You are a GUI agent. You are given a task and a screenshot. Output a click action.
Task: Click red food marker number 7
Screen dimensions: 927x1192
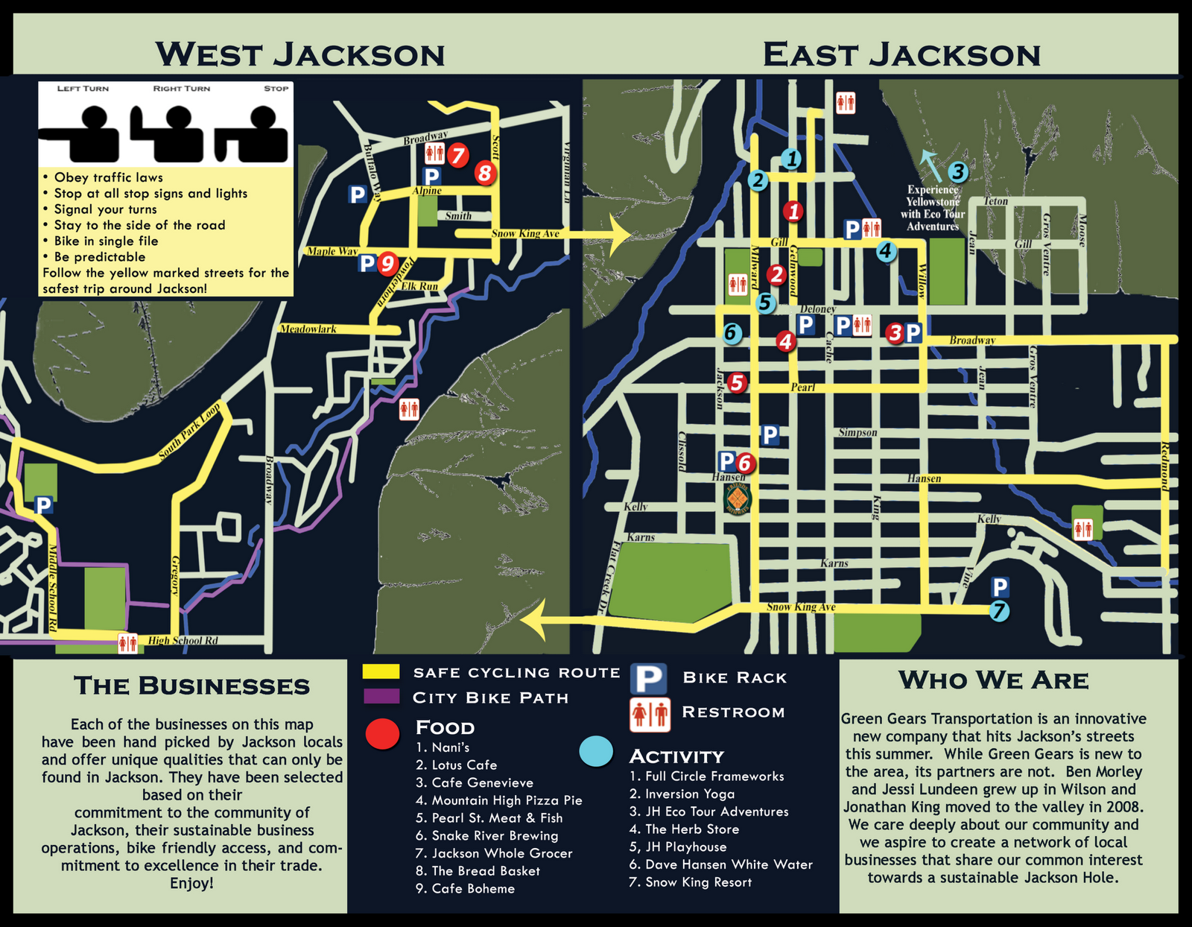[457, 156]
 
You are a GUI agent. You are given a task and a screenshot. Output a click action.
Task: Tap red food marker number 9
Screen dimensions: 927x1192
[386, 263]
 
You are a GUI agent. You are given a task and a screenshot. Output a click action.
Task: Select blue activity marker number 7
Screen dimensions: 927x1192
[999, 611]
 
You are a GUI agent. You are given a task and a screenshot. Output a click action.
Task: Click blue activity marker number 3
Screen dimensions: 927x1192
[957, 172]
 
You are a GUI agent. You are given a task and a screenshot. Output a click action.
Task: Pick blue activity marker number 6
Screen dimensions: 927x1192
[732, 333]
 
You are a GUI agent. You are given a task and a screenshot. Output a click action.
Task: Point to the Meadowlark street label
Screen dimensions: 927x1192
[308, 329]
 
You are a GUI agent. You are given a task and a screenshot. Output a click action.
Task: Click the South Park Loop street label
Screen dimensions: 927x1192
[190, 432]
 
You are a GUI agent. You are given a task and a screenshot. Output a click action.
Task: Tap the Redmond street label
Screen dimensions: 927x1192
[1164, 466]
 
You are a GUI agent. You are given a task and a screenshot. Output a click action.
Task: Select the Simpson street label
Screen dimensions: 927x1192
[857, 432]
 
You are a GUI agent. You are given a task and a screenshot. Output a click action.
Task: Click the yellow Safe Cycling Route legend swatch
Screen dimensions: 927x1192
[381, 671]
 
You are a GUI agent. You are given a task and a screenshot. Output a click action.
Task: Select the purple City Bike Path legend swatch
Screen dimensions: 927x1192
[381, 697]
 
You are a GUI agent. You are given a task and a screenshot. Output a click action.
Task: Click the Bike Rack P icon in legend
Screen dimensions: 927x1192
[648, 679]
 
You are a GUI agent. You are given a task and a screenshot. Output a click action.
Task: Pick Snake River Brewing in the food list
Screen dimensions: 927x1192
[495, 835]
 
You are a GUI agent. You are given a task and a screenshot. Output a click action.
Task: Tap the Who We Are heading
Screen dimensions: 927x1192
[993, 680]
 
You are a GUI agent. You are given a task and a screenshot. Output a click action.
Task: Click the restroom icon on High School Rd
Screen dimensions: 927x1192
[127, 642]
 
